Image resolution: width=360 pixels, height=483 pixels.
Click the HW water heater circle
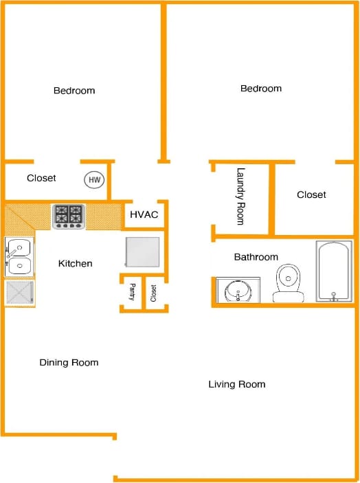click(x=94, y=181)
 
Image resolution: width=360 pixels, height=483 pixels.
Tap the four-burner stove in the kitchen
click(x=69, y=216)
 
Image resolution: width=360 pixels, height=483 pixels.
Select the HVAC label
click(x=144, y=215)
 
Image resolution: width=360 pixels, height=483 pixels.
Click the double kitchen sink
click(x=19, y=256)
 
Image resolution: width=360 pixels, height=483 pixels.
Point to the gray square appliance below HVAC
click(x=143, y=252)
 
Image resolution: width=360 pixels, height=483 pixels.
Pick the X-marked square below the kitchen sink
click(x=19, y=293)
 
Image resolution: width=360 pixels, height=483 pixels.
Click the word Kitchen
click(x=75, y=263)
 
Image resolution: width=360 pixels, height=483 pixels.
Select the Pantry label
click(x=132, y=293)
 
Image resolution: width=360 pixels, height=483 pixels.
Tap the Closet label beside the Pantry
click(x=153, y=293)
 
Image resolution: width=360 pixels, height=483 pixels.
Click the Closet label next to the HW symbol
click(x=41, y=178)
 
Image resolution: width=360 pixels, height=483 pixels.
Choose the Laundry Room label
click(x=240, y=196)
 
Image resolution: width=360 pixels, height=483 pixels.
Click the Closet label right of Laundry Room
click(x=311, y=194)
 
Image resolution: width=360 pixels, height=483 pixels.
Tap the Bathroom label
click(x=256, y=257)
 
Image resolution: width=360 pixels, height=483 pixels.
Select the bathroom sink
click(x=238, y=290)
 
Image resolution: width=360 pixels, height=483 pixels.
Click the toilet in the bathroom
click(x=289, y=284)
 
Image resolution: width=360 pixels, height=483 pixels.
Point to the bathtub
click(x=335, y=271)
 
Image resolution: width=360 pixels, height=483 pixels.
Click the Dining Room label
click(x=69, y=362)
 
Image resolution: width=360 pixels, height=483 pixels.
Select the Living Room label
click(x=237, y=384)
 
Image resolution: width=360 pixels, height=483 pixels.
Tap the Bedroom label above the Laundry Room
click(x=261, y=89)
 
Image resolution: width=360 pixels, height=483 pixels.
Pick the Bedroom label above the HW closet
click(x=74, y=91)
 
